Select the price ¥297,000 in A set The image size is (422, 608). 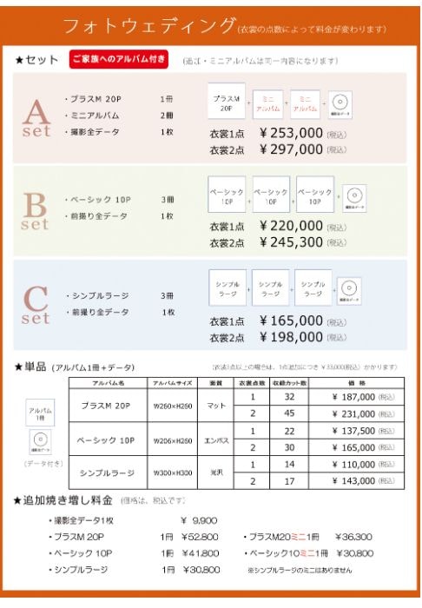click(291, 149)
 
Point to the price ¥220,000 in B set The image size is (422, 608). click(291, 226)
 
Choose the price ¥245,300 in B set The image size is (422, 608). click(291, 242)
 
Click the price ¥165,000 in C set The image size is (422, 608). click(291, 321)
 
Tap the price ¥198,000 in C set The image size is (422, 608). click(291, 337)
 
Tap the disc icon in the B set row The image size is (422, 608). click(353, 195)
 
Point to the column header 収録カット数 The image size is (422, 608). click(289, 382)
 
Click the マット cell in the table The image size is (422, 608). click(214, 405)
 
